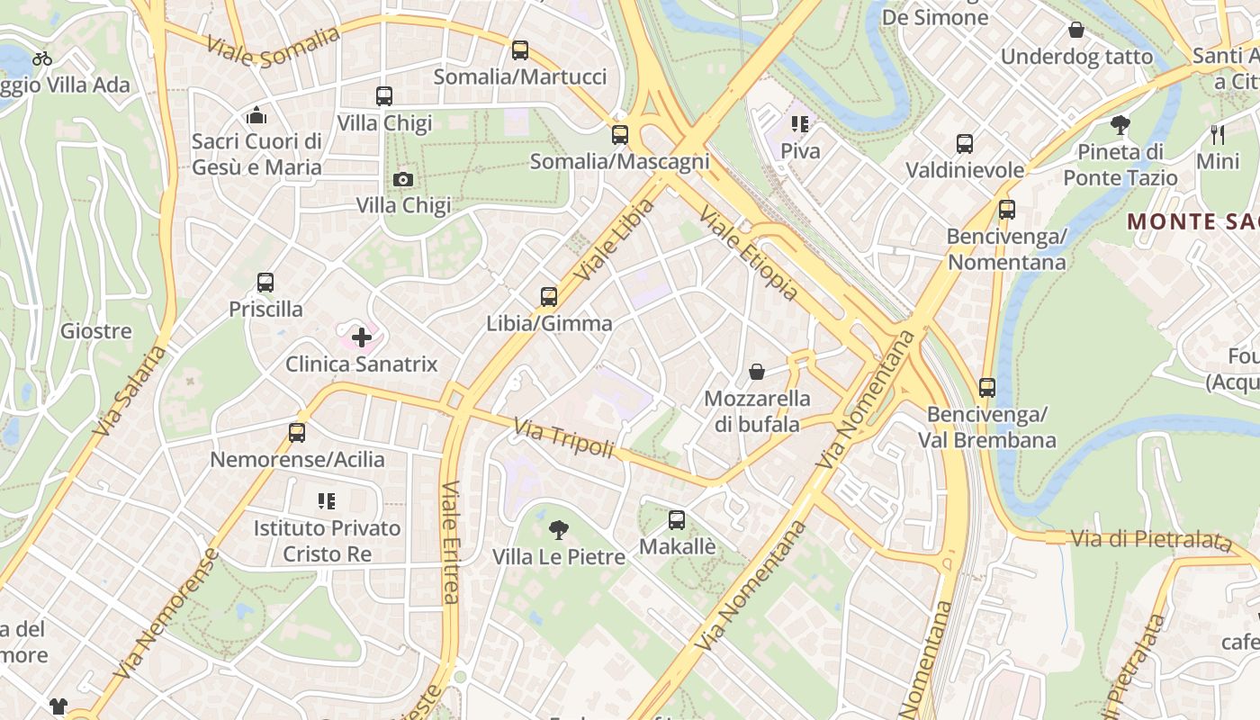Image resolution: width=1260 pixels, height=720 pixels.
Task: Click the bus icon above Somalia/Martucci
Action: (x=520, y=50)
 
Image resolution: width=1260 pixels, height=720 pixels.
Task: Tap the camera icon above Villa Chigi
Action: (x=403, y=179)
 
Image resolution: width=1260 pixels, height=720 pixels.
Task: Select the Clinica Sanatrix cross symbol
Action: (x=362, y=337)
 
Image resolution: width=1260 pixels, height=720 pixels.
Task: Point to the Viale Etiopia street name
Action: (x=749, y=255)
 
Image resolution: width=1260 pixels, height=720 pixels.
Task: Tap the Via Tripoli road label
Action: (x=563, y=437)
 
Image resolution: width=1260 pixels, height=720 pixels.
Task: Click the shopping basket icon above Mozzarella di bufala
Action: (x=757, y=371)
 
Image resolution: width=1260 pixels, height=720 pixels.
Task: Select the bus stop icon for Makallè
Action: (x=677, y=519)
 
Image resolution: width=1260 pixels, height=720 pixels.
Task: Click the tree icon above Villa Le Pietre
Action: (x=559, y=529)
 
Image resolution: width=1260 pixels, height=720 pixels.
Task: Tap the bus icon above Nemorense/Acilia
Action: (x=297, y=432)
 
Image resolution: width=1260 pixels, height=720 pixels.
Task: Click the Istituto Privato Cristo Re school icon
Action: (x=326, y=500)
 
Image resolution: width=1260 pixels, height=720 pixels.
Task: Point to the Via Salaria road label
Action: (x=130, y=391)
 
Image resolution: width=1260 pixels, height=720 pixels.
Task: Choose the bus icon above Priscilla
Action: (x=265, y=283)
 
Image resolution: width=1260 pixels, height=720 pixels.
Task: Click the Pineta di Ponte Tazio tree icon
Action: (x=1120, y=124)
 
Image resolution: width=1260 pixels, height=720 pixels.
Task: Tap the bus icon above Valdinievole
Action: (x=965, y=143)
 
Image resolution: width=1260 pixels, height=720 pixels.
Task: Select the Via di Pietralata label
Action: (x=1150, y=540)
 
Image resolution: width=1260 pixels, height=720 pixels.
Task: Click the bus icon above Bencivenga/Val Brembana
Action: (x=987, y=388)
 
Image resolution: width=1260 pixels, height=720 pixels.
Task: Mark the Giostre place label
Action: (x=96, y=331)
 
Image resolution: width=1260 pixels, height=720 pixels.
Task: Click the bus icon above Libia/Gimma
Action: (x=549, y=296)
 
